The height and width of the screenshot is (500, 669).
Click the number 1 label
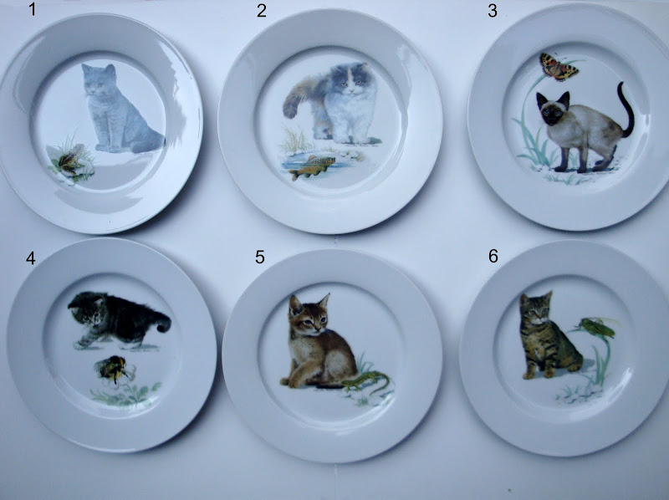pyautogui.click(x=32, y=9)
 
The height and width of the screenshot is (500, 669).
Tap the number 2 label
pyautogui.click(x=262, y=11)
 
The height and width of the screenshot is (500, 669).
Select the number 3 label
pyautogui.click(x=493, y=11)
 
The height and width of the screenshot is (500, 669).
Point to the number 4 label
pyautogui.click(x=30, y=258)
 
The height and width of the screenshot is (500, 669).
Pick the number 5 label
pyautogui.click(x=260, y=257)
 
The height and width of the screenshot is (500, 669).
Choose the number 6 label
pyautogui.click(x=493, y=256)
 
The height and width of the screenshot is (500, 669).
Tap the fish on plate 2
pyautogui.click(x=312, y=166)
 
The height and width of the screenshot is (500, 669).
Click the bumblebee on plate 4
pyautogui.click(x=113, y=369)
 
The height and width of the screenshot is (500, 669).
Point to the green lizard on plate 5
pyautogui.click(x=366, y=380)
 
